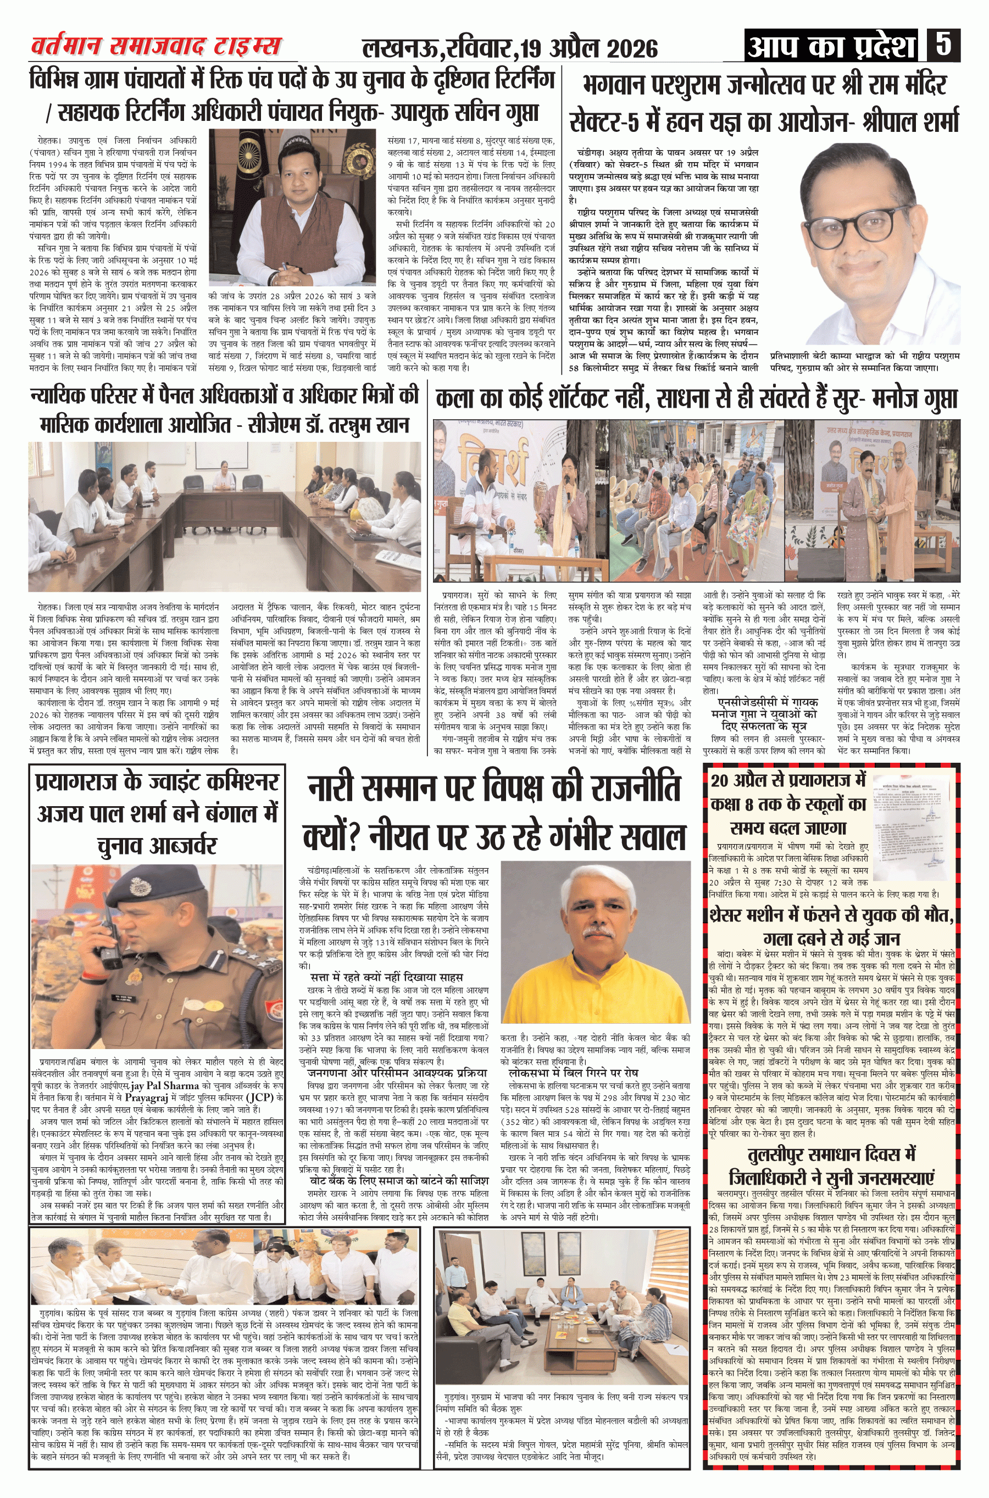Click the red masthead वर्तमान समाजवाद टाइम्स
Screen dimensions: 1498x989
tap(156, 46)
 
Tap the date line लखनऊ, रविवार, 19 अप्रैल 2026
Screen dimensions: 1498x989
tap(510, 48)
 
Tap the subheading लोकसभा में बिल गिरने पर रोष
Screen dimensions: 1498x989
tap(573, 1072)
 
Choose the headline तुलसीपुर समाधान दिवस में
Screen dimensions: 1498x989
tap(831, 1154)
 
